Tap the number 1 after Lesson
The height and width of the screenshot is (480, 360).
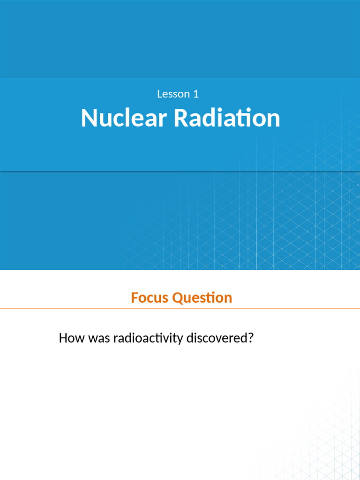coord(196,94)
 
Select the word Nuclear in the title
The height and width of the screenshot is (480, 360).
coord(124,118)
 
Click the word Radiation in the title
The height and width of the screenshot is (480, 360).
coord(227,118)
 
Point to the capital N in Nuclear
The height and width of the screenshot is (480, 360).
coord(88,118)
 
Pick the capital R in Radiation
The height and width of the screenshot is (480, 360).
coord(180,118)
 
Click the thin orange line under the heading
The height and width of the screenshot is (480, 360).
coord(180,309)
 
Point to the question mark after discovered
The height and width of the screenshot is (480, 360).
coord(250,338)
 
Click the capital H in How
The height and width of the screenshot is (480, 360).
coord(63,338)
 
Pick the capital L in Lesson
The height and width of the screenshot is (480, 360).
coord(159,94)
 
